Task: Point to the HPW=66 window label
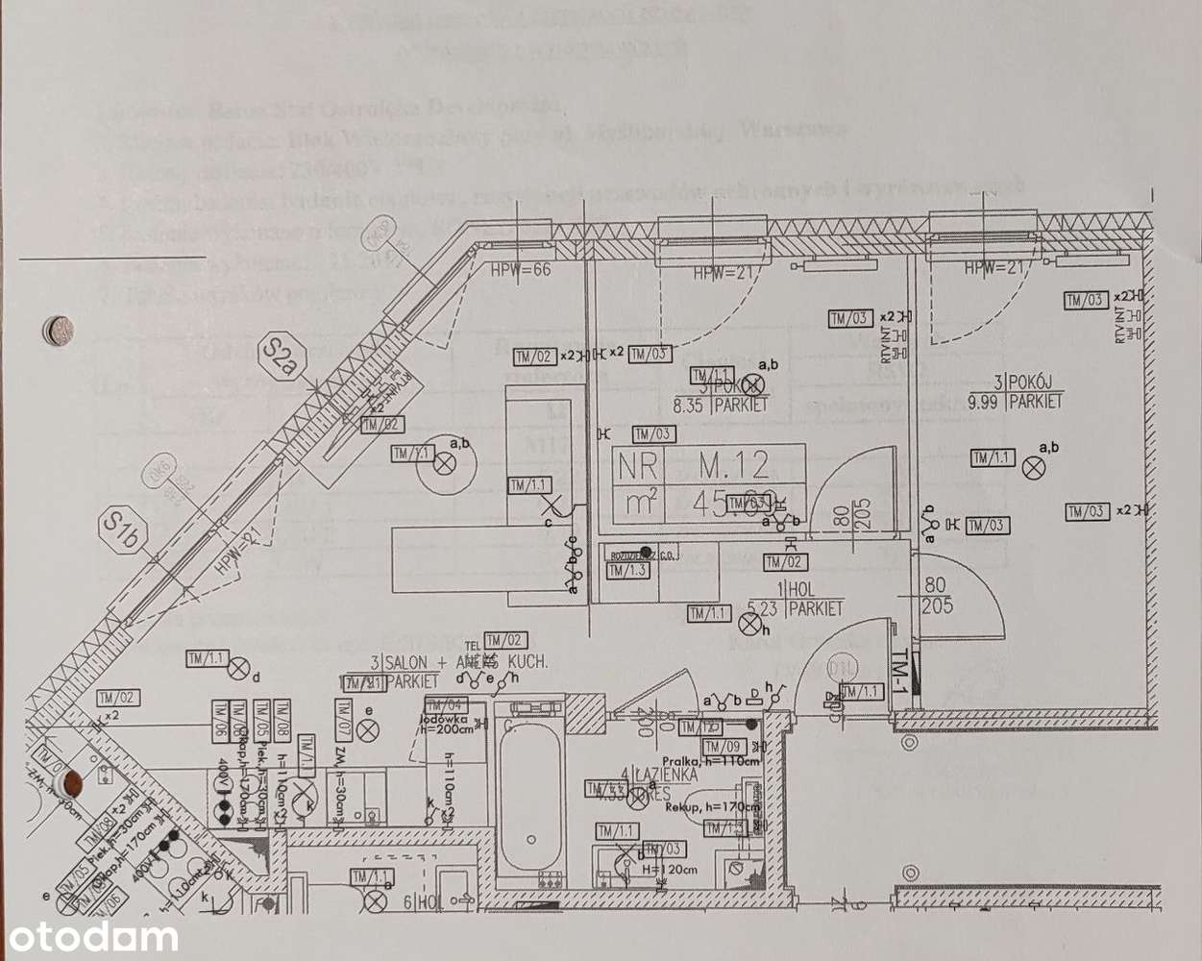coord(521,269)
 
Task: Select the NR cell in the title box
coord(638,467)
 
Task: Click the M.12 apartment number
coord(733,467)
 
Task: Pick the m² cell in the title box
coord(638,503)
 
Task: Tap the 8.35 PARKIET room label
coord(735,405)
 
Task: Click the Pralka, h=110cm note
coord(718,760)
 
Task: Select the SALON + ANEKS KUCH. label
coord(457,662)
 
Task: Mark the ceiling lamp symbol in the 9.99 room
coord(1033,468)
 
